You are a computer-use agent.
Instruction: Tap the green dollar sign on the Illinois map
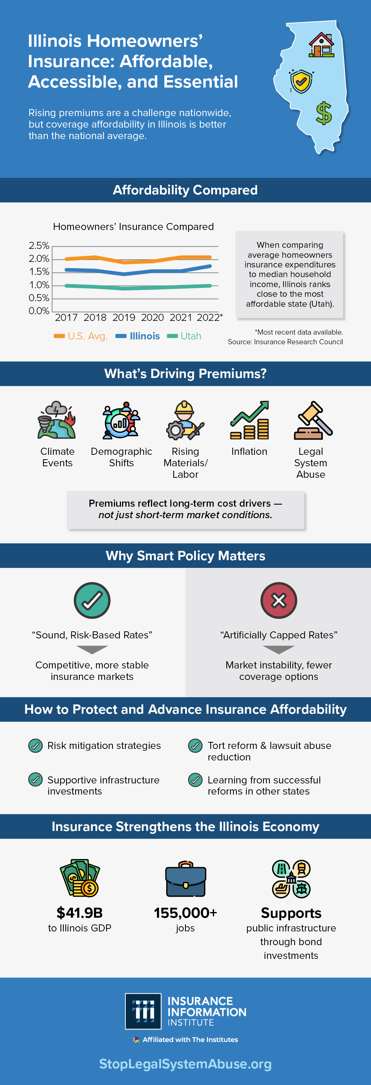tap(324, 113)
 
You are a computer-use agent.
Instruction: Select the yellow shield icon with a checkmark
tap(301, 81)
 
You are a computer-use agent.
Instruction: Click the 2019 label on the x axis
tap(124, 318)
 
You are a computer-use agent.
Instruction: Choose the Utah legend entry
tap(184, 336)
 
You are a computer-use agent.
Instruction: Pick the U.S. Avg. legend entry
tap(81, 336)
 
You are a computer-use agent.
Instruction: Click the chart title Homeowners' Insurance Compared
tap(133, 227)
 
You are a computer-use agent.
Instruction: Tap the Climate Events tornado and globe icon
tap(57, 420)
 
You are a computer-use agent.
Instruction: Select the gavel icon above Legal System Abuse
tap(313, 420)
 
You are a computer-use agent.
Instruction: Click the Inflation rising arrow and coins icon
tap(249, 420)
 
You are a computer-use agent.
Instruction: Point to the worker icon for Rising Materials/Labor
tap(185, 420)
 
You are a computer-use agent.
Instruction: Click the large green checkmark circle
tap(92, 600)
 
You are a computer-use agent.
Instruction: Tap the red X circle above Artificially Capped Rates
tap(279, 600)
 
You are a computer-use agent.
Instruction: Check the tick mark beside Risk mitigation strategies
tap(35, 746)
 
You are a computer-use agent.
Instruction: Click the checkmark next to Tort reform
tap(195, 746)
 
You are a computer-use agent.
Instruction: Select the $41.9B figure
tap(80, 913)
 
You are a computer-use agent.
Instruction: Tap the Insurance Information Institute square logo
tap(143, 1011)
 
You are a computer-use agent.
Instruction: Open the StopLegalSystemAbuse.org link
tap(185, 1064)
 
